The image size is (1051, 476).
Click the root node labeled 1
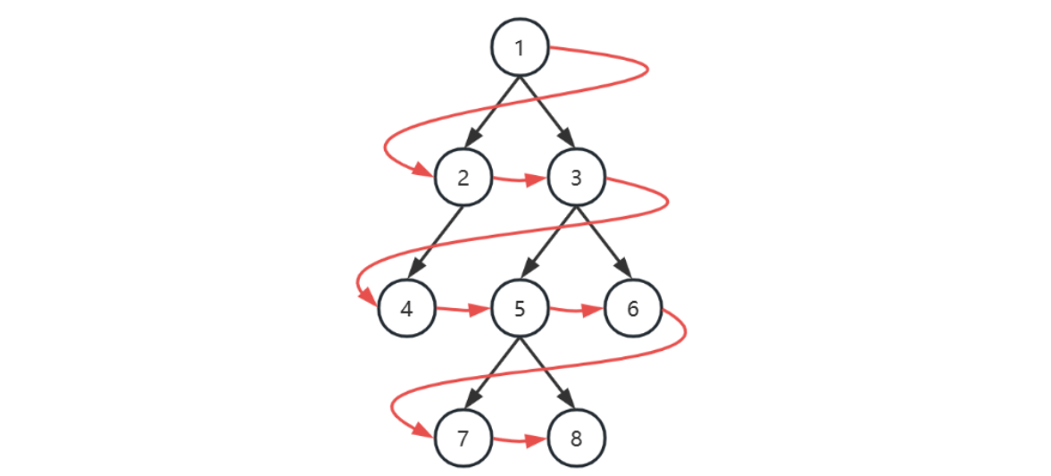[x=519, y=47]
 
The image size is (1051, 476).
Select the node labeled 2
[x=463, y=177]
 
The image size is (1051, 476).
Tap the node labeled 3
[x=576, y=177]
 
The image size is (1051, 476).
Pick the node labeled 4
[x=406, y=309]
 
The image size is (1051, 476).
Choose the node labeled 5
[x=519, y=309]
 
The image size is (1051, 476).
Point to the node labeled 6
[x=632, y=309]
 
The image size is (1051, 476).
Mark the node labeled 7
[x=463, y=438]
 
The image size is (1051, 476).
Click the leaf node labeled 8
[x=576, y=438]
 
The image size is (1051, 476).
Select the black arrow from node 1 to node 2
[x=491, y=112]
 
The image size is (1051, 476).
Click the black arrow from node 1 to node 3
[x=547, y=112]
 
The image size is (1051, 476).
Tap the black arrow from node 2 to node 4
[x=435, y=243]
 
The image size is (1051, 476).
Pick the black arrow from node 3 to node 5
[x=547, y=243]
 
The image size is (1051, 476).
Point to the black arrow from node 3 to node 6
[x=605, y=243]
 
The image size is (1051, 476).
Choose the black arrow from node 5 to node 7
[x=491, y=374]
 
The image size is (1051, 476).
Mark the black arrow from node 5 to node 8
[x=547, y=374]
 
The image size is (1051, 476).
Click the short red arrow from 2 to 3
[x=519, y=180]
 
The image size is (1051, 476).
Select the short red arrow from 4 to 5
[x=463, y=311]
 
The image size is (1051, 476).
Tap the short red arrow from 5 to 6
[x=576, y=311]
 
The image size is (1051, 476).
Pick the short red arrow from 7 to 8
[x=519, y=440]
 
